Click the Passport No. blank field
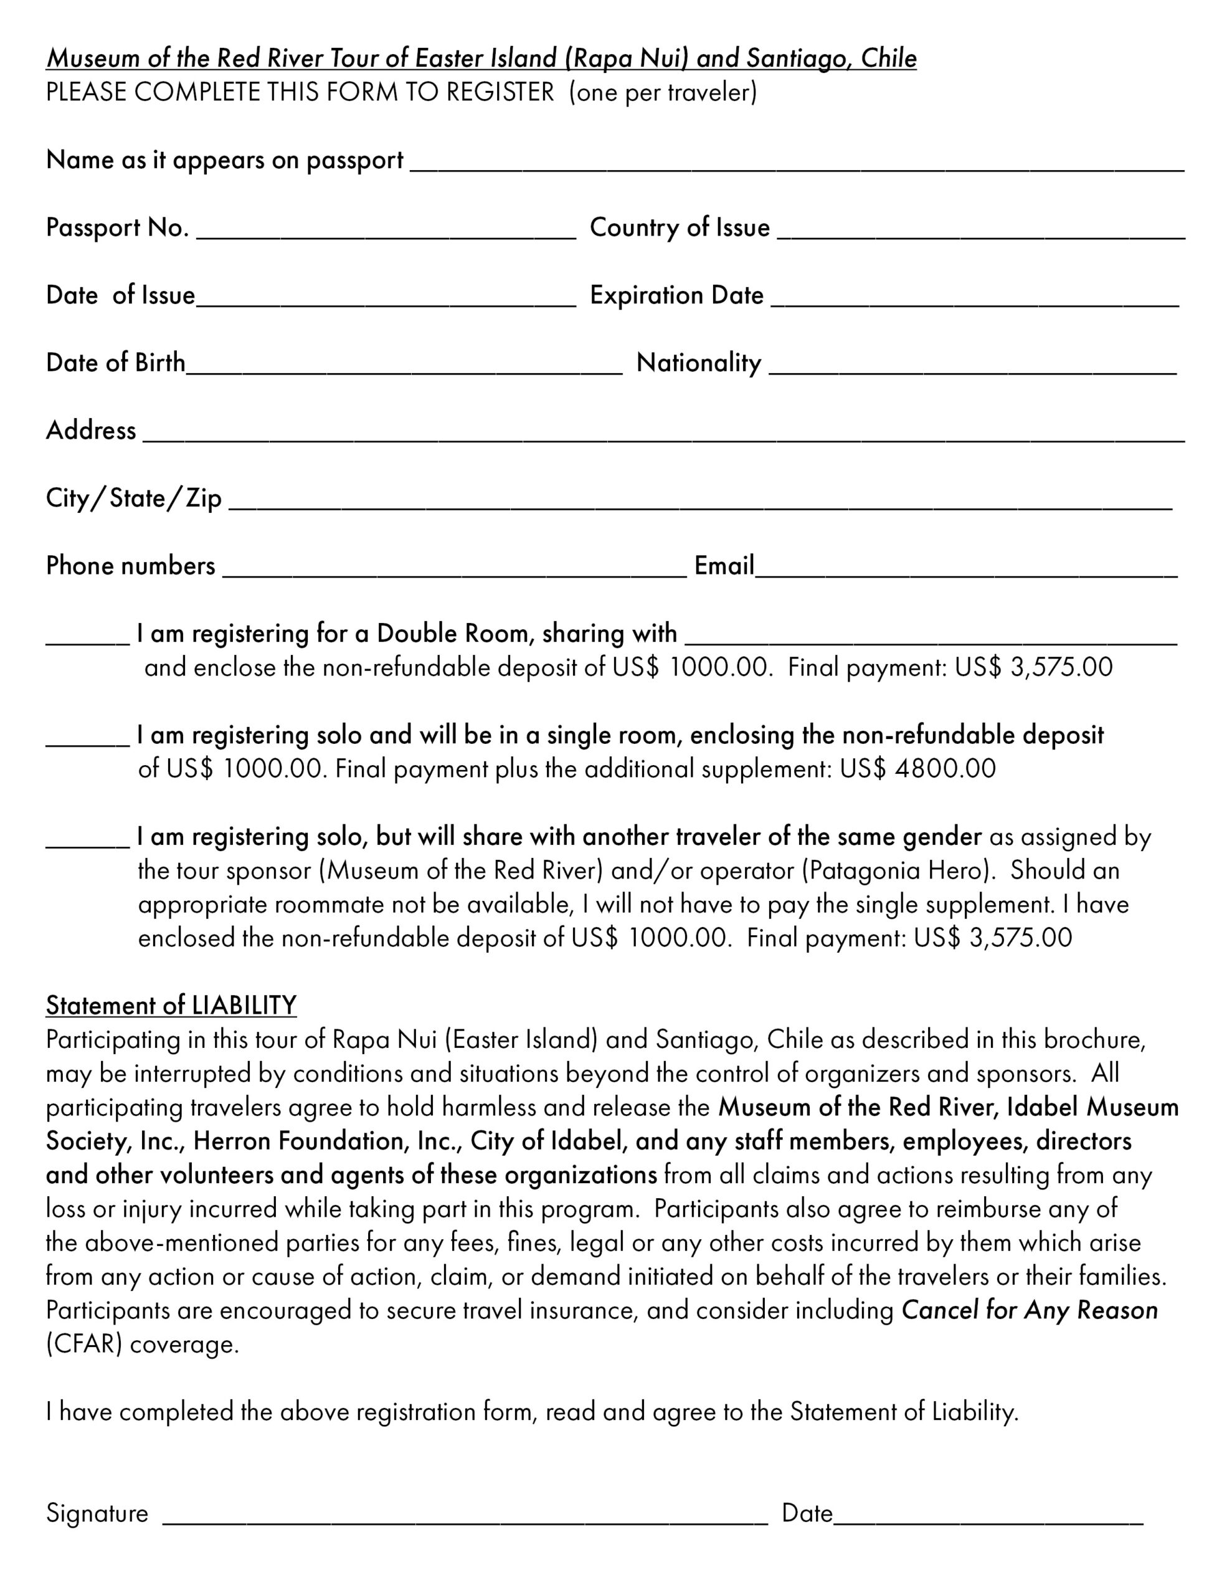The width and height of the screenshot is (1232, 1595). pos(386,232)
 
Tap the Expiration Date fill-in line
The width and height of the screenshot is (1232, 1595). pos(974,300)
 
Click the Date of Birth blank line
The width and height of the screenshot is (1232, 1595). pos(404,368)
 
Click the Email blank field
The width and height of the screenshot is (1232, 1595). pos(965,570)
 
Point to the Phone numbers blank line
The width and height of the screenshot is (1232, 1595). pos(454,570)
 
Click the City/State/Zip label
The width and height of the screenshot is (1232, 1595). pos(134,498)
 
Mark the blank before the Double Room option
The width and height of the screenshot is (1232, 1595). pos(88,637)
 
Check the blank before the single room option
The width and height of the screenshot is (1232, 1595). pos(88,739)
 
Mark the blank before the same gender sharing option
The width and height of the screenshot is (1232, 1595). pos(88,840)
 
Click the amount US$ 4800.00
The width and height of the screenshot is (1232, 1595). pos(917,769)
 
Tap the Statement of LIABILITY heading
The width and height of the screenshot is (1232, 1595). pos(171,1006)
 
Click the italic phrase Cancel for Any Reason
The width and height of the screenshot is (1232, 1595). pos(1030,1311)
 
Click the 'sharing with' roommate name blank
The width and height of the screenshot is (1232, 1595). pos(931,637)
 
